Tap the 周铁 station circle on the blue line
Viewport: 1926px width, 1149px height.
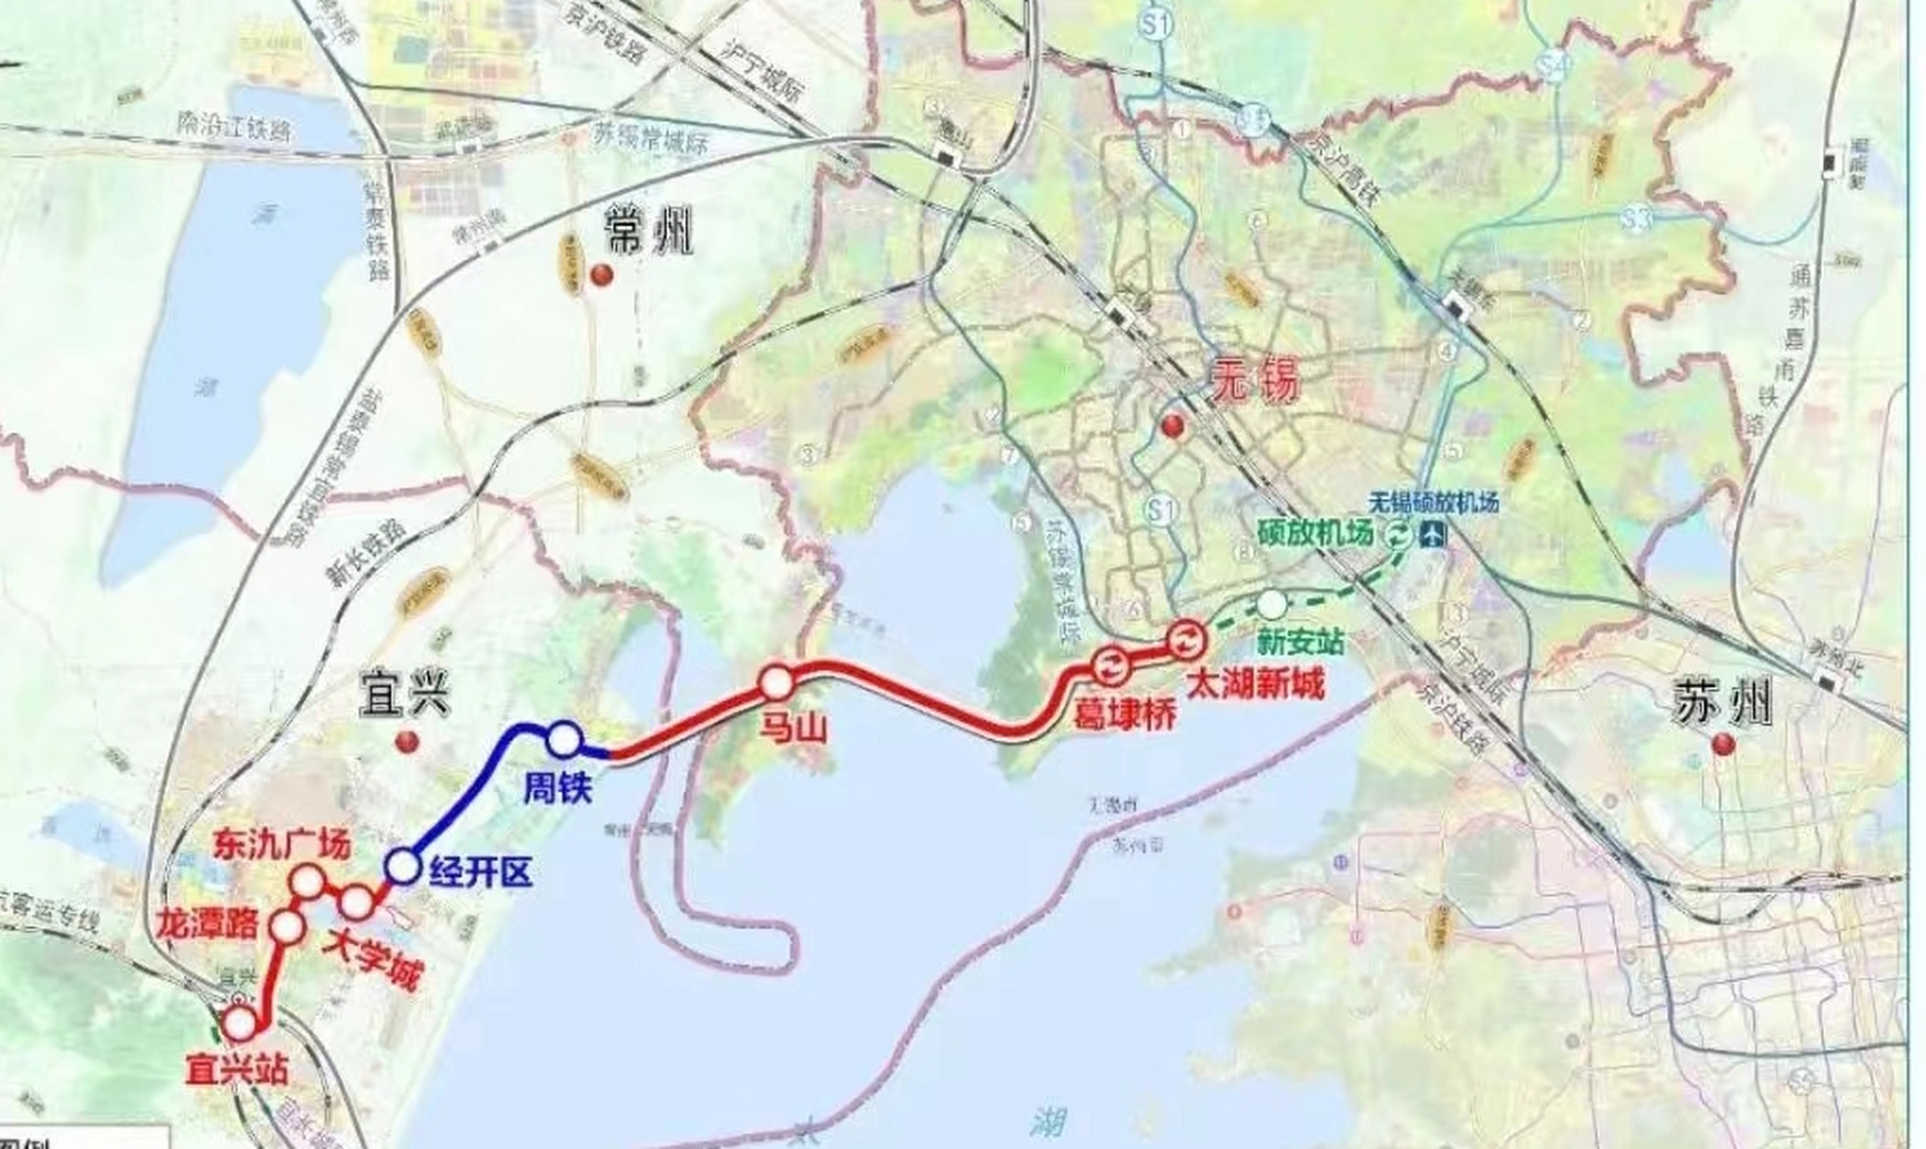(564, 739)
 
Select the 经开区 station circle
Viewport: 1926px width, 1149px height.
(401, 867)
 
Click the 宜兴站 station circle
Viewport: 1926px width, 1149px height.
(241, 1022)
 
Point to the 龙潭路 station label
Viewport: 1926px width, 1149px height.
(208, 924)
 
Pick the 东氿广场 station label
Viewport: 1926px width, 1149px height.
(281, 846)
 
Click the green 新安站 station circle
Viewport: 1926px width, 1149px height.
(1271, 604)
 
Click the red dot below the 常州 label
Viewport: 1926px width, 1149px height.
(602, 275)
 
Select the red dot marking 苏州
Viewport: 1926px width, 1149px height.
(1723, 744)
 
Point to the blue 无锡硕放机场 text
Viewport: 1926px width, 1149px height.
(1434, 502)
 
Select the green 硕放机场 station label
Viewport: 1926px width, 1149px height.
(1315, 535)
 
